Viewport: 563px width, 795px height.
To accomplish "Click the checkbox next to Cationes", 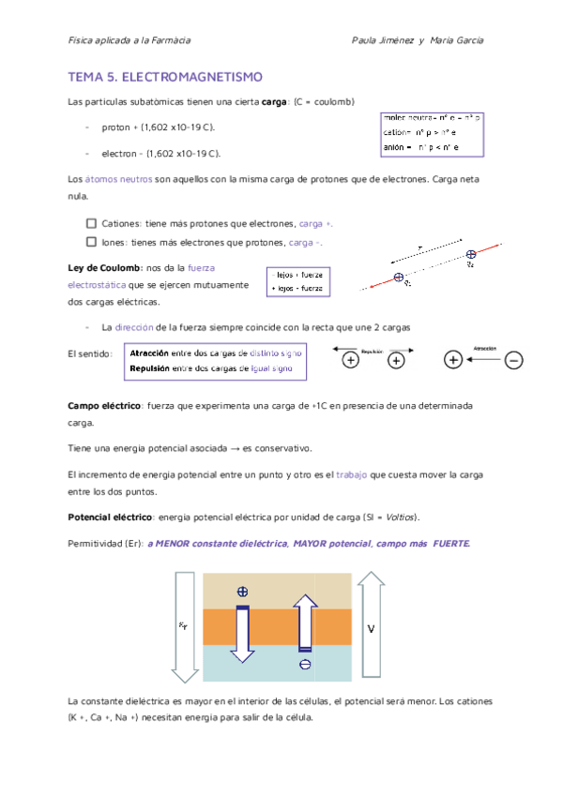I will (91, 224).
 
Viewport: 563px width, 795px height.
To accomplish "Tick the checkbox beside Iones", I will (91, 242).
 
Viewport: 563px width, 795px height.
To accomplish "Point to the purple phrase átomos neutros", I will (116, 178).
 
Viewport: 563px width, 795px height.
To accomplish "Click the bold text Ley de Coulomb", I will (103, 268).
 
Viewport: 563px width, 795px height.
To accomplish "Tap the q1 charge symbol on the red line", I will (399, 277).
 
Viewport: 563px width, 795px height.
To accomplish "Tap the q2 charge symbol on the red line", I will (470, 254).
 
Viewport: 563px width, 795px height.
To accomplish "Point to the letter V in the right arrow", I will (371, 629).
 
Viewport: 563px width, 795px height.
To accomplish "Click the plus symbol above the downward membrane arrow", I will (242, 592).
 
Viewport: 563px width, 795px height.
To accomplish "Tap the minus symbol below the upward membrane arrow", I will (305, 665).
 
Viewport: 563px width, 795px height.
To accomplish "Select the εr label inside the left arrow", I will (183, 627).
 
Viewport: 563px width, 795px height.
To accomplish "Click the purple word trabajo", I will (352, 475).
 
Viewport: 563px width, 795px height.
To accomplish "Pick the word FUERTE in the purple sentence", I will (451, 544).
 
